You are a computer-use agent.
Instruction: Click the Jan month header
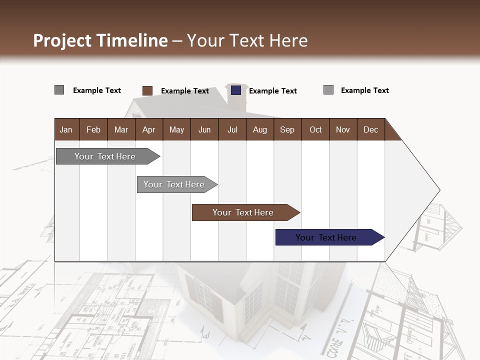click(66, 129)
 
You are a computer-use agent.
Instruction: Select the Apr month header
click(149, 129)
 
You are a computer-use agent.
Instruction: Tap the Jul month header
click(232, 129)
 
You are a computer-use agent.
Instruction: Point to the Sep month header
click(287, 129)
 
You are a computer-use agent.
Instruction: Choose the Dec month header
click(370, 129)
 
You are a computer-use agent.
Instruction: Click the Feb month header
click(93, 129)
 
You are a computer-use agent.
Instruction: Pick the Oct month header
click(315, 129)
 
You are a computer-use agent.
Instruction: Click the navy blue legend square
click(236, 90)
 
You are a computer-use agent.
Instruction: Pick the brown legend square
click(147, 90)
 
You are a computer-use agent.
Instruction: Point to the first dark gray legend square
click(59, 90)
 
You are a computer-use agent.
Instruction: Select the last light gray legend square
click(328, 90)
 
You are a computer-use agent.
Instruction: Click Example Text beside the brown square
click(184, 91)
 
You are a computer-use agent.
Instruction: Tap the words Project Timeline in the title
click(100, 40)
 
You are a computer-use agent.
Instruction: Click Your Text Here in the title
click(247, 40)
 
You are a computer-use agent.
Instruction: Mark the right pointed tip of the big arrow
click(438, 190)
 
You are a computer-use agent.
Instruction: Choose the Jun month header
click(204, 129)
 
